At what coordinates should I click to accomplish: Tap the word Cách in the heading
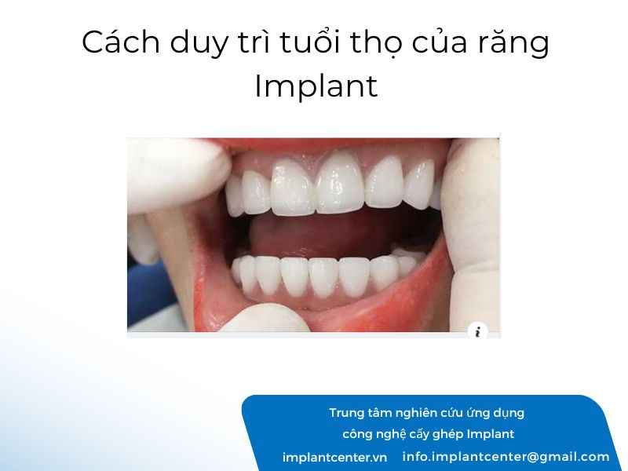point(121,42)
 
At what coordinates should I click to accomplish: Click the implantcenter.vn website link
point(335,458)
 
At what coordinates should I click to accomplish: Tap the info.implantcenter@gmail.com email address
point(506,457)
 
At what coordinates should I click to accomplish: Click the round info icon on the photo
point(477,331)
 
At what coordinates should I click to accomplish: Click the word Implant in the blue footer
point(491,435)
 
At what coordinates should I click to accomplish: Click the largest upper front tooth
point(341,184)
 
